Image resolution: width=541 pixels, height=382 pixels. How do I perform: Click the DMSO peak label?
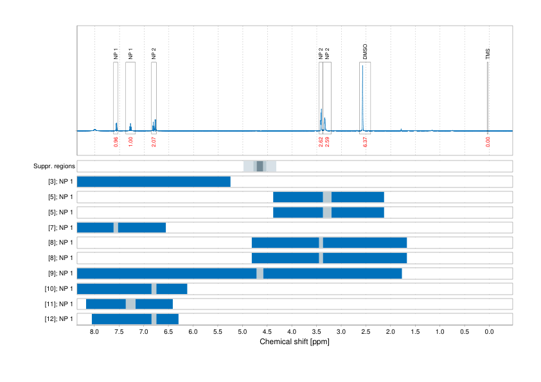click(x=365, y=52)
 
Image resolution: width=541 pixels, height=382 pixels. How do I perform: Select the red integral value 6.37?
click(x=365, y=142)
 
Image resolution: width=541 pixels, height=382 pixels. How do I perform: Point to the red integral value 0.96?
click(x=116, y=142)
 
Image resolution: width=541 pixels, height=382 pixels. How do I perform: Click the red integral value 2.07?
click(x=154, y=142)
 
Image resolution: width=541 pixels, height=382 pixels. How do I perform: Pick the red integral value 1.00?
click(x=130, y=142)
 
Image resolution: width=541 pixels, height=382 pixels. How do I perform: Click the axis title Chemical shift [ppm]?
click(x=294, y=342)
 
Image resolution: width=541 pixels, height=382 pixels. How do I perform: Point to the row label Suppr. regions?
click(x=54, y=166)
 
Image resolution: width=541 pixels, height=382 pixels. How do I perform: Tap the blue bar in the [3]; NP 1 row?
click(x=154, y=182)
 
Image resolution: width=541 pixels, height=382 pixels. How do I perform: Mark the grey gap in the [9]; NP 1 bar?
click(x=260, y=273)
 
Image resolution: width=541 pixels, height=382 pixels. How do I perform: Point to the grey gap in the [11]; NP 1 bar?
click(x=130, y=304)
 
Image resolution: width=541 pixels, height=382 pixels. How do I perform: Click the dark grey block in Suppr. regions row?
click(x=260, y=166)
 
